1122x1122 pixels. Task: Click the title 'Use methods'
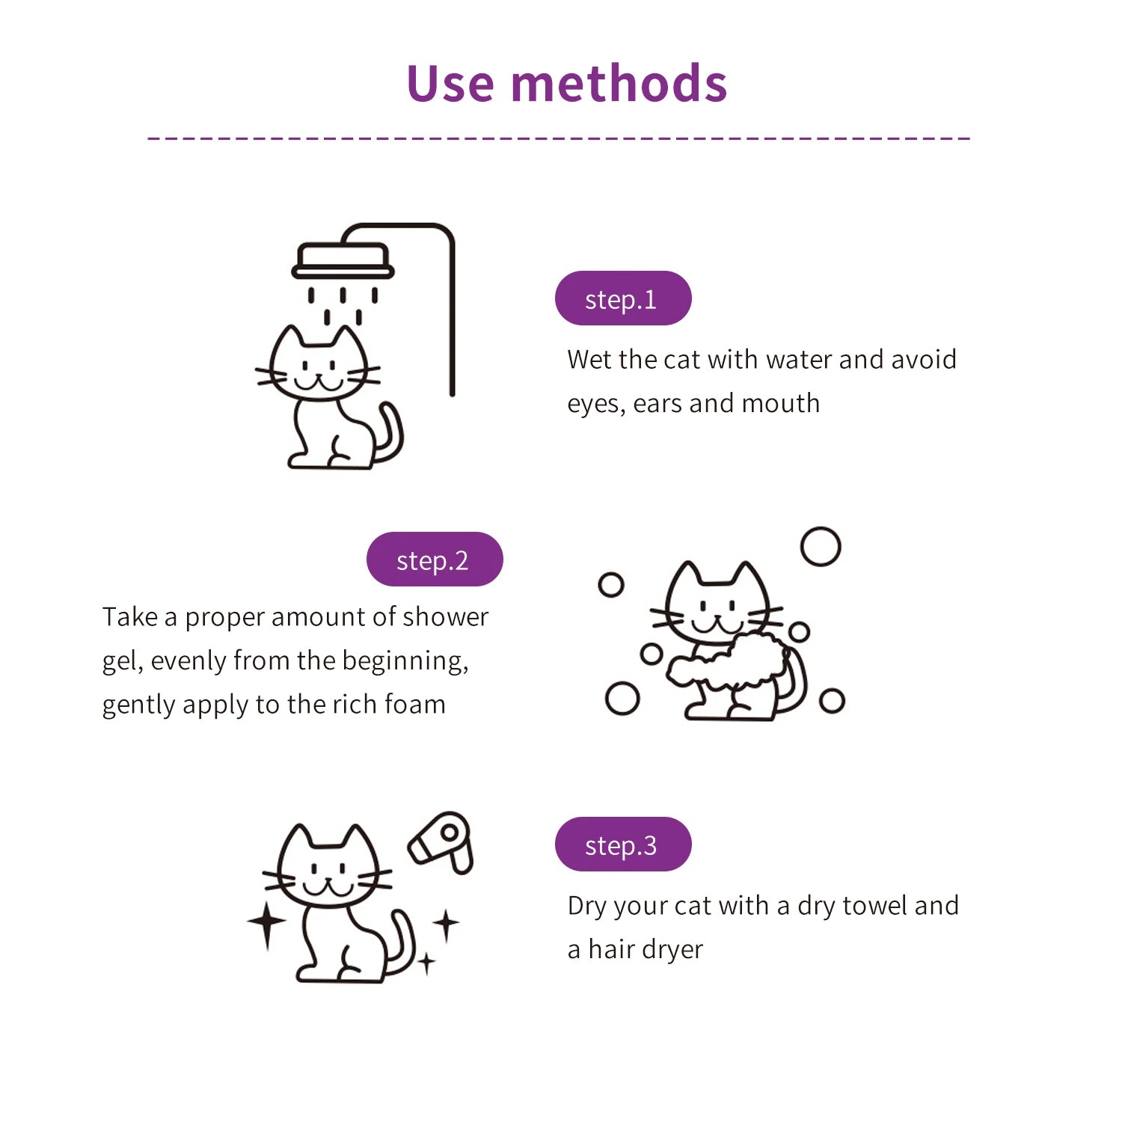566,83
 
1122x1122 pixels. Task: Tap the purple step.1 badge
622,298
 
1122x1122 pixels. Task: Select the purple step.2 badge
434,560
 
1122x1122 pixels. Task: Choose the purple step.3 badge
622,844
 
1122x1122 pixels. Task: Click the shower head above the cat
343,260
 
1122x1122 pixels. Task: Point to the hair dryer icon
442,841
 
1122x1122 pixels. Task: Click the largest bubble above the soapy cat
821,547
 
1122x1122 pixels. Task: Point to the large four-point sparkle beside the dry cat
266,922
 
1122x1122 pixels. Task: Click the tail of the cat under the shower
391,434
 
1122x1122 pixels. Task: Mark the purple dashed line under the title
559,138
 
